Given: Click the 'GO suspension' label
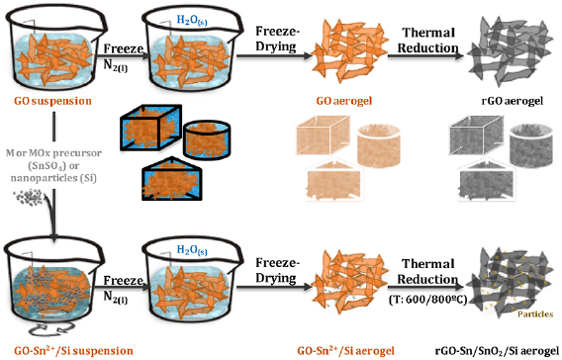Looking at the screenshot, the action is coord(52,101).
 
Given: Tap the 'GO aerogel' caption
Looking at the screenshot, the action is coord(344,101).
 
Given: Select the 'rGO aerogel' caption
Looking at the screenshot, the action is coord(513,101).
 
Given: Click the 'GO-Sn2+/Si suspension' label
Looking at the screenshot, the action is coord(73,350).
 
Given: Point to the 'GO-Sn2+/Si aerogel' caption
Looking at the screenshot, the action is coord(345,350).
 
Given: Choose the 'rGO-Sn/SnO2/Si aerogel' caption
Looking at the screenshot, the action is coord(497,351).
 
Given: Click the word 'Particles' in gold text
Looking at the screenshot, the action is coord(535,315).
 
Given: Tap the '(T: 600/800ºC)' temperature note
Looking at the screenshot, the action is coord(428,299).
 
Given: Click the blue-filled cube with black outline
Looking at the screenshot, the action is coord(150,128).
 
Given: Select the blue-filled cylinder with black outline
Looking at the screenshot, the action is coord(207,139).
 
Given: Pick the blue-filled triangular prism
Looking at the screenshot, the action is coord(172,178).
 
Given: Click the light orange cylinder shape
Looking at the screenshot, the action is coord(379,145).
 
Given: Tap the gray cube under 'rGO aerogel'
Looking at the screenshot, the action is coord(477,135).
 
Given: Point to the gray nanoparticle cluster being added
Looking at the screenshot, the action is coord(30,197).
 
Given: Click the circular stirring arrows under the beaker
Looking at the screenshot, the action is coord(52,328).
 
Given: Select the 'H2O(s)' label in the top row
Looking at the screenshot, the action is coord(192,21).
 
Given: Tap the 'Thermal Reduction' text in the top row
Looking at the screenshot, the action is coord(428,40).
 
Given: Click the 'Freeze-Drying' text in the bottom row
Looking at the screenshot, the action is coord(276,270).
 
